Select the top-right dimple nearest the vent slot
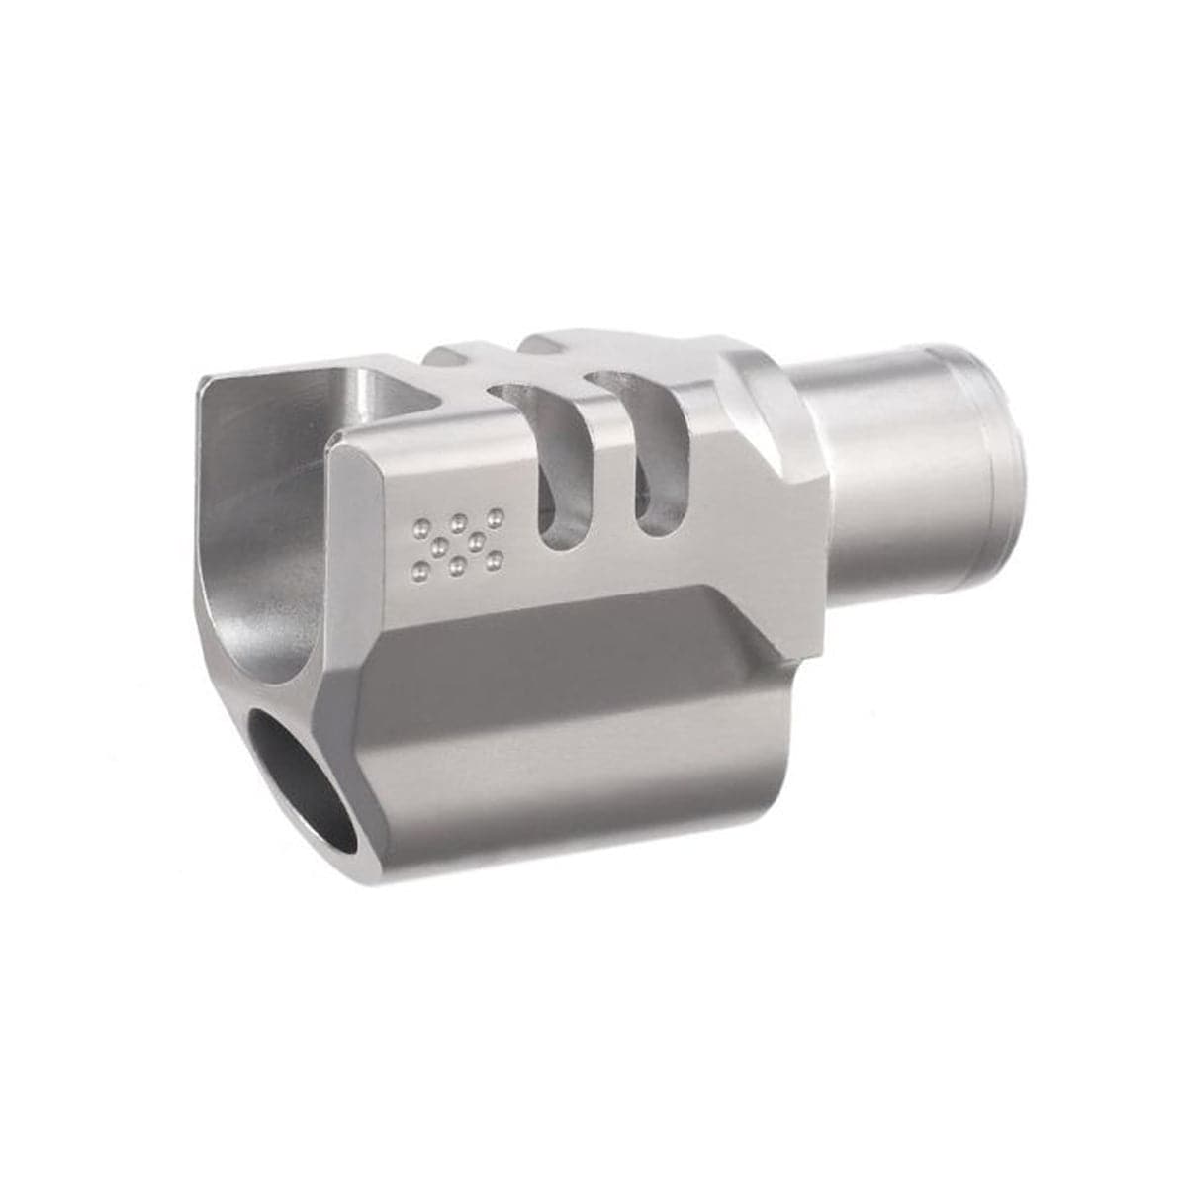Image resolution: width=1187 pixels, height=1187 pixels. tap(497, 517)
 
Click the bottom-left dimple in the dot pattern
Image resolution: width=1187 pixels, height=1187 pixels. tap(421, 570)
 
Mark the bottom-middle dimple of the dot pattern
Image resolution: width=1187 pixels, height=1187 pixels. tap(458, 565)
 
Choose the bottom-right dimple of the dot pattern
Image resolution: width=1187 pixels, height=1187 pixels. tap(495, 560)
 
